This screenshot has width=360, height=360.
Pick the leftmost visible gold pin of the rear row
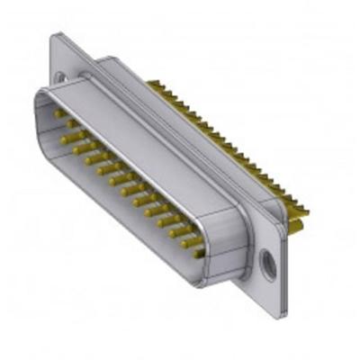pos(150,86)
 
